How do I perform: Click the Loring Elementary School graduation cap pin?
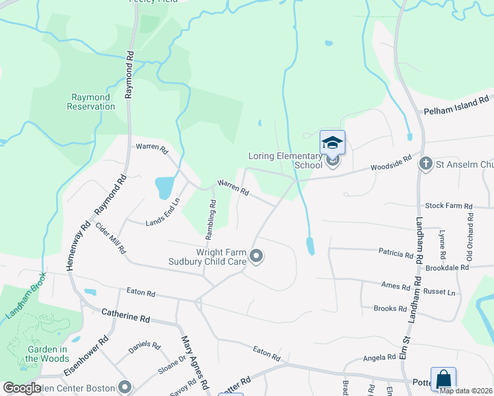[x=332, y=143]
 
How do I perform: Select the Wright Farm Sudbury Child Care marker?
[x=257, y=256]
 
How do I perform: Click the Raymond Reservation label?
[x=92, y=102]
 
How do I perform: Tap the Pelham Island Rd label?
[x=458, y=106]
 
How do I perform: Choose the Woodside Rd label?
[x=391, y=164]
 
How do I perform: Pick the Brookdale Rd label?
[x=447, y=268]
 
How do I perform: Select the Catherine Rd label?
[x=125, y=317]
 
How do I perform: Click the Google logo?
[x=22, y=388]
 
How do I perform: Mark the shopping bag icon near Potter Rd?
[x=443, y=379]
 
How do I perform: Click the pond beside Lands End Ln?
[x=164, y=187]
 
